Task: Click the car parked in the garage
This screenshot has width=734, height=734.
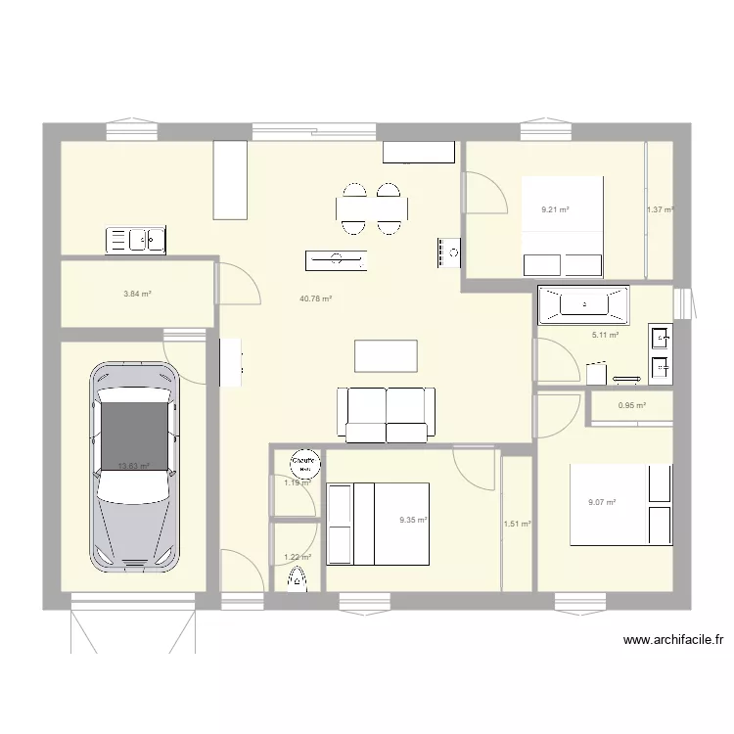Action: coord(135,468)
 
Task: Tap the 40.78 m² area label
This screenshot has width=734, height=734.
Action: coord(316,298)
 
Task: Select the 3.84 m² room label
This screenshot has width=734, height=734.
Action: coord(136,294)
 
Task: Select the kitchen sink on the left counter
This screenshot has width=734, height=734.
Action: coord(138,238)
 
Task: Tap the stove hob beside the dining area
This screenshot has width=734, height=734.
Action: coord(449,252)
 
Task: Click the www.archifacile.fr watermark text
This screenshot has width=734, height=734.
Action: coord(673,641)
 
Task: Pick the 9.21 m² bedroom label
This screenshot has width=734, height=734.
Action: coord(555,208)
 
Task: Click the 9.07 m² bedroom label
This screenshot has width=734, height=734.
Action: coord(601,503)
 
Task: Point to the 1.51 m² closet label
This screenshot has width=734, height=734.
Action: coord(517,525)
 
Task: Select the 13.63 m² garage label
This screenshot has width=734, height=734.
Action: coord(133,467)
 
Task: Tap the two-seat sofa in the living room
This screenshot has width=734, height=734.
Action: coord(386,414)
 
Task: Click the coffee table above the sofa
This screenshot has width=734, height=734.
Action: coord(386,355)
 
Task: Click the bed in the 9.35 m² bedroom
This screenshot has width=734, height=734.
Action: coord(379,524)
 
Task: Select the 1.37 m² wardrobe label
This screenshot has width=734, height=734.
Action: coord(660,209)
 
